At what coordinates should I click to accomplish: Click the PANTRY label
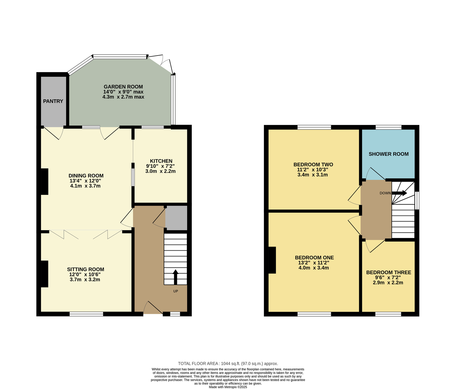click(x=53, y=101)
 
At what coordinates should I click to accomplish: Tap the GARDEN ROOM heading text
click(x=123, y=87)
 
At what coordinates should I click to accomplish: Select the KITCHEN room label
click(x=161, y=161)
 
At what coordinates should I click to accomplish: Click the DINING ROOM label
click(x=86, y=176)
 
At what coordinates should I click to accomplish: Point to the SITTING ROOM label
click(x=85, y=269)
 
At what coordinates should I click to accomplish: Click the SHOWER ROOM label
click(x=388, y=154)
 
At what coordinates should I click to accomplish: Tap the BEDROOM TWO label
click(x=313, y=165)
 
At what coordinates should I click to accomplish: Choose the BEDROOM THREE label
click(x=388, y=273)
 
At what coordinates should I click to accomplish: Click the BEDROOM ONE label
click(x=314, y=258)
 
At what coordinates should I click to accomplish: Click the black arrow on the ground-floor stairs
click(x=176, y=277)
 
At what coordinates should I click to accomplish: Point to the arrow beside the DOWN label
click(x=400, y=193)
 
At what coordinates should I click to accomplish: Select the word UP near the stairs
click(x=176, y=291)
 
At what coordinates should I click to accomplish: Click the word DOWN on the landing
click(x=385, y=193)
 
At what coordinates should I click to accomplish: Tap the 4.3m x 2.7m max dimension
click(x=123, y=97)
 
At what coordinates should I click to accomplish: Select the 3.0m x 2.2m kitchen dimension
click(x=160, y=171)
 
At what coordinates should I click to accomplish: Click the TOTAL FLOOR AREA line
click(x=228, y=364)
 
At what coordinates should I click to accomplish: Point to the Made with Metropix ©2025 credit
click(x=228, y=387)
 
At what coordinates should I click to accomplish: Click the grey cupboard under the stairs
click(x=176, y=218)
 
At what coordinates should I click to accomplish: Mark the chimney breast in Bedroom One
click(x=272, y=260)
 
